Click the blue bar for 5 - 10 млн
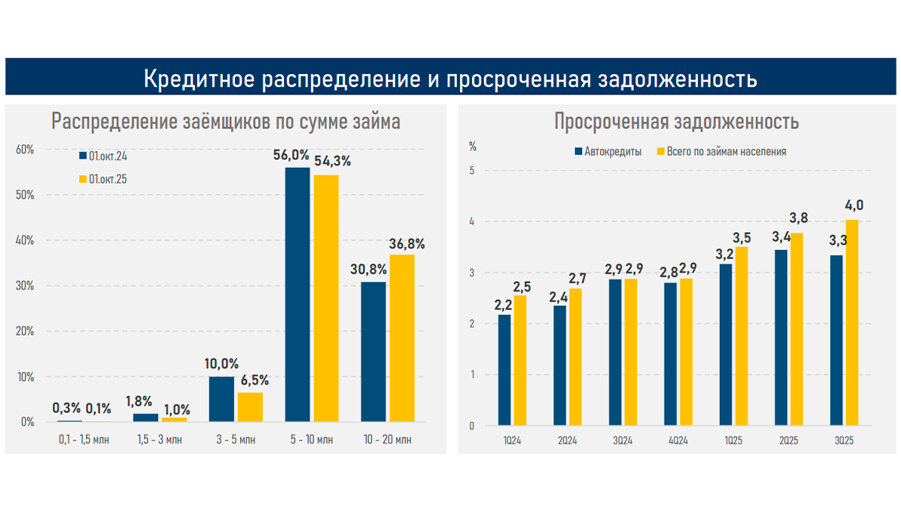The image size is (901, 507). [x=297, y=295]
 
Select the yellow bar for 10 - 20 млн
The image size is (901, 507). [x=402, y=338]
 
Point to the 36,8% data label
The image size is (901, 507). [x=406, y=243]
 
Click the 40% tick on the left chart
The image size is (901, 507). [x=26, y=240]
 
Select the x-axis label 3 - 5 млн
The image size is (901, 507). [x=236, y=440]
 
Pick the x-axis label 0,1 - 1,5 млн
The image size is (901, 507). [x=84, y=440]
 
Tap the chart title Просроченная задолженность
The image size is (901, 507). [x=676, y=122]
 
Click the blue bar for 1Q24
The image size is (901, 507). [x=504, y=370]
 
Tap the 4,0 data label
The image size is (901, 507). [x=854, y=206]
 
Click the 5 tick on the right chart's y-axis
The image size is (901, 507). [x=471, y=170]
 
